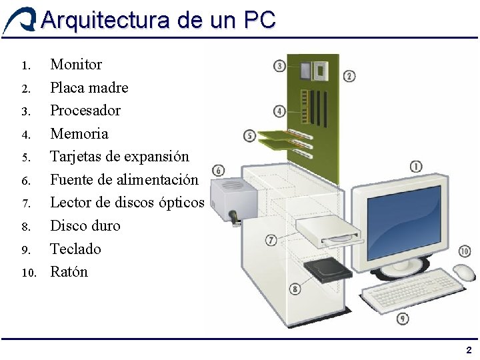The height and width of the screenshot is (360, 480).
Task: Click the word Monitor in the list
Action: (76, 65)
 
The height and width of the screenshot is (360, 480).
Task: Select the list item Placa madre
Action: (89, 87)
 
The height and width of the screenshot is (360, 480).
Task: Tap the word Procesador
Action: (85, 110)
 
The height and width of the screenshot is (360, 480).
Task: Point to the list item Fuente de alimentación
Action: (124, 179)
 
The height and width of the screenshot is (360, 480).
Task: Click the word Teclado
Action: (75, 249)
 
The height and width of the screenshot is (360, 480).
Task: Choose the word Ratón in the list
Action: (69, 271)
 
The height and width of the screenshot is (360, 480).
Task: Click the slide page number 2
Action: (469, 350)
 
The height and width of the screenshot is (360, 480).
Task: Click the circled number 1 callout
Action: (415, 167)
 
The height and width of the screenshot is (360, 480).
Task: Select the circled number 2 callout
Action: (349, 77)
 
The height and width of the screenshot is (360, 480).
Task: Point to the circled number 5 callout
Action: (250, 136)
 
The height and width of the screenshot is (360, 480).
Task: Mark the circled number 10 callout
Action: (465, 251)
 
